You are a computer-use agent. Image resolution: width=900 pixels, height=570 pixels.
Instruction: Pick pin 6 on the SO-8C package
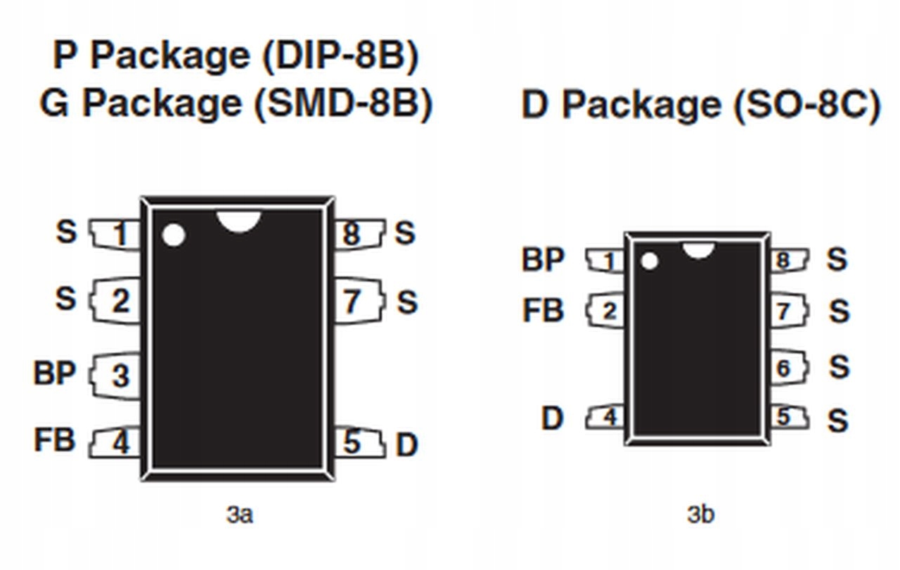coord(785,368)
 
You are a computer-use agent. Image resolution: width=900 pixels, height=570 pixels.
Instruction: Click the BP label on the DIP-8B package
coord(54,373)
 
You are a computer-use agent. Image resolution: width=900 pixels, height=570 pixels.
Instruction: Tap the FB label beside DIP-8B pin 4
coord(54,440)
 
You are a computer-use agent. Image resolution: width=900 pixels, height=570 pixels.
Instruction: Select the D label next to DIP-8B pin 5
coord(406,444)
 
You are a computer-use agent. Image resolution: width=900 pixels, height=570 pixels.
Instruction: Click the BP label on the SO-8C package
coord(542,259)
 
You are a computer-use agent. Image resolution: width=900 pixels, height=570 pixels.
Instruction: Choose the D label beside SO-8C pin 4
coord(552,418)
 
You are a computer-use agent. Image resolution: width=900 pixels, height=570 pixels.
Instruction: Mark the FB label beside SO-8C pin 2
coord(543,310)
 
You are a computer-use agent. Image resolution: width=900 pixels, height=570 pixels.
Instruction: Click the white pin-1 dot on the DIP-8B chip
coord(173,235)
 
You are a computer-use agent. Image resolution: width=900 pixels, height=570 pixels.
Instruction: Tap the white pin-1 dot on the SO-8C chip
coord(649,261)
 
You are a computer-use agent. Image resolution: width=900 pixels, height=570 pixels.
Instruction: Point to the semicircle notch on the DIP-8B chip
coord(238,221)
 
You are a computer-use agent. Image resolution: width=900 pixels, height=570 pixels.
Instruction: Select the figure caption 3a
coord(239,514)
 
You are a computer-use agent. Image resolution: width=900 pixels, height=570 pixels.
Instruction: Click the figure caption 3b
coord(700,514)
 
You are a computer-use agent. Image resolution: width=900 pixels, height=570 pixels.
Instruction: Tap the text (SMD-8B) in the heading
coord(342,104)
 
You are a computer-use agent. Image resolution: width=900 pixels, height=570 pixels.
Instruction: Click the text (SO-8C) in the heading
coord(806,105)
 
